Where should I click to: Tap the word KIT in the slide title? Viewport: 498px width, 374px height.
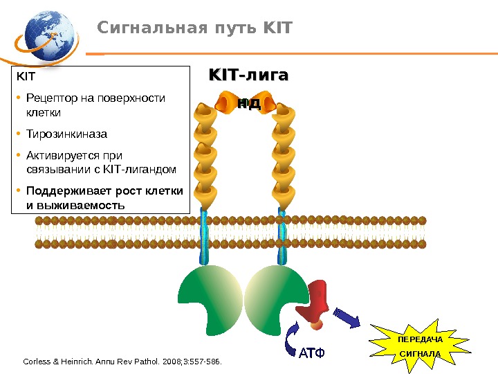coord(278,28)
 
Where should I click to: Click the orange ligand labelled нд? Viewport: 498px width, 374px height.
coord(248,104)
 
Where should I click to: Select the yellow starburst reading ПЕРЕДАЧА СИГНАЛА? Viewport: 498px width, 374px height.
coord(420,344)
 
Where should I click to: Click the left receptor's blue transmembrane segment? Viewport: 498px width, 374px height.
coord(205,235)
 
